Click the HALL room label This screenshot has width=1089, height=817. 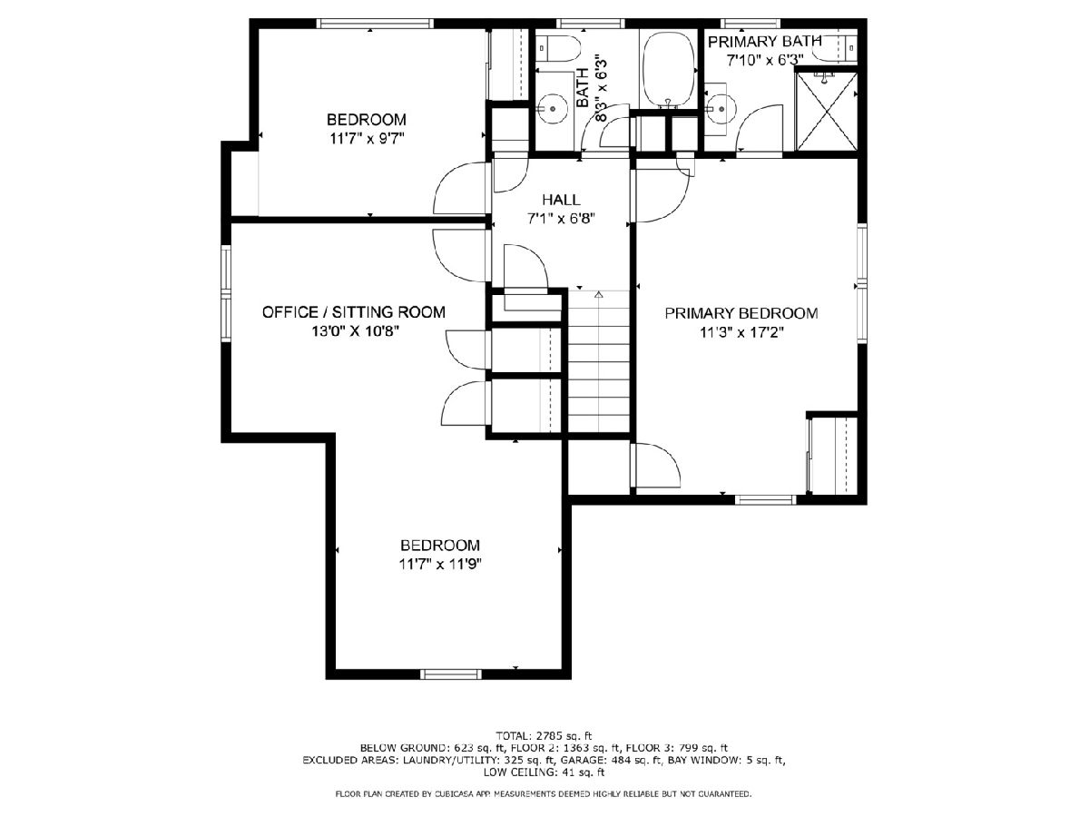click(561, 200)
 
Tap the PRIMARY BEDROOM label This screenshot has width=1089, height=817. click(741, 313)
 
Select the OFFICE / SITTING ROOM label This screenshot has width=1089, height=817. click(354, 312)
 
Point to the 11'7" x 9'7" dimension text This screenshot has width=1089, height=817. click(366, 138)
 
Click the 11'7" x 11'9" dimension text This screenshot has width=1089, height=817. click(440, 564)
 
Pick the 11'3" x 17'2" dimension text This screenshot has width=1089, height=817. click(741, 332)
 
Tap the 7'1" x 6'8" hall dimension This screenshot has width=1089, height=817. click(561, 218)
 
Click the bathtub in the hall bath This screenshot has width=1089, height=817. click(668, 71)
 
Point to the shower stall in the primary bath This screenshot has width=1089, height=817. click(826, 110)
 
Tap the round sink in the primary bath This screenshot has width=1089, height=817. click(721, 108)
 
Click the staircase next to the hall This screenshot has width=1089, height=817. click(598, 361)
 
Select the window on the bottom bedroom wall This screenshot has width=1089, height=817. click(451, 674)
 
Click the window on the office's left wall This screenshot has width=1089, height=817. click(226, 293)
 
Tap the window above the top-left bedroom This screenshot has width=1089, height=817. click(375, 24)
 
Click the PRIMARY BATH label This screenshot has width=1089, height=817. click(764, 42)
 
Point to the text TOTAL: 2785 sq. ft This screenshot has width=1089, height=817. click(544, 735)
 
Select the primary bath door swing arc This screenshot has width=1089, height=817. click(759, 127)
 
